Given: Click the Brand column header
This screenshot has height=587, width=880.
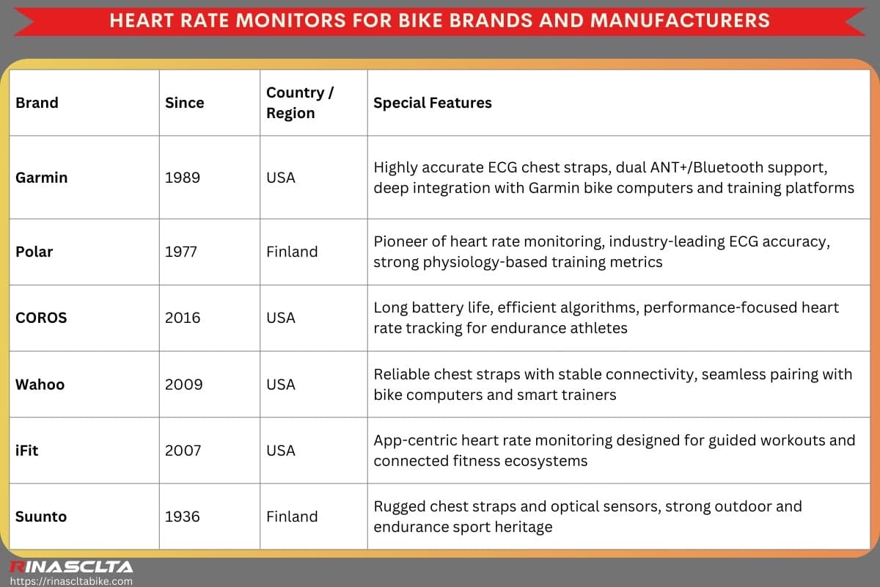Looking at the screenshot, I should [37, 103].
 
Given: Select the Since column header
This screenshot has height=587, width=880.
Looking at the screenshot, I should [185, 103].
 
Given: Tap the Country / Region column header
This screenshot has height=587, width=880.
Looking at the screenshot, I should [300, 103].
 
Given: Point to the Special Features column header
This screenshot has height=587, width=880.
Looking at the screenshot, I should [433, 103].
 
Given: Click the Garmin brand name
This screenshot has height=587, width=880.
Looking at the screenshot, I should [41, 178].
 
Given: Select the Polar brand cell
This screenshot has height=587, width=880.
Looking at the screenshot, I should [34, 252].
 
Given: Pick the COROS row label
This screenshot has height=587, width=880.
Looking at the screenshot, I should [41, 318].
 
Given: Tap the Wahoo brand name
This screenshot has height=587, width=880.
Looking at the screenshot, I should [40, 384].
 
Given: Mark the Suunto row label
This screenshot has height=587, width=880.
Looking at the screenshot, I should [41, 517].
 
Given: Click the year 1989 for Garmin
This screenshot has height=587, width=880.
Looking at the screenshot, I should [183, 178].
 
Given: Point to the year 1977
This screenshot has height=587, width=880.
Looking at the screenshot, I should [182, 252].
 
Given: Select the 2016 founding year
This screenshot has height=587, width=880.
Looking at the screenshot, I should [183, 318].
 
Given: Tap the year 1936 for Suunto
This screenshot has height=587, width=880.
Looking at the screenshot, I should [183, 517].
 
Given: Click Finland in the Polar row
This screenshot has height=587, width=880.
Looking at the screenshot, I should [292, 252].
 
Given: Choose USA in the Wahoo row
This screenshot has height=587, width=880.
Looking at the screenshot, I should [281, 384].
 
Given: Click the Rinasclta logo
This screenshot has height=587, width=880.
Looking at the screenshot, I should [70, 566].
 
